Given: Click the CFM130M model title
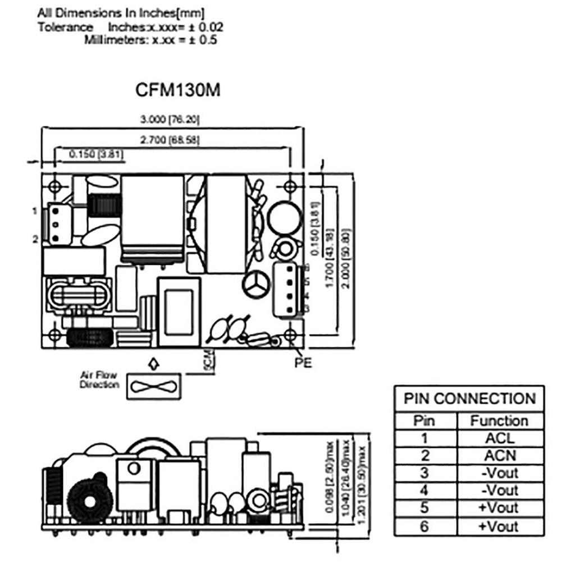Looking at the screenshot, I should click(x=178, y=90).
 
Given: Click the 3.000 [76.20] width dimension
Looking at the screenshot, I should click(x=171, y=120).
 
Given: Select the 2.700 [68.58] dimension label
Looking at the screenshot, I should click(x=171, y=139).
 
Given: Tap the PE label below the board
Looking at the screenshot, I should click(x=303, y=363).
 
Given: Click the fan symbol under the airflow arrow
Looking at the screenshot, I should click(x=155, y=386).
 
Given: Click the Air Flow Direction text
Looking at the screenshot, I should click(x=100, y=380).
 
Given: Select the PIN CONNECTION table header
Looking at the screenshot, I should click(x=469, y=399).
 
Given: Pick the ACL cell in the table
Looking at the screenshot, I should click(x=500, y=438).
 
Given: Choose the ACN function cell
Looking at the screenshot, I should click(x=500, y=455).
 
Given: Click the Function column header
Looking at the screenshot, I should click(x=500, y=420).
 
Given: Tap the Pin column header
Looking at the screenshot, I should click(x=425, y=420).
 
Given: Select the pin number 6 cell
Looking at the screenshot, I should click(x=425, y=526).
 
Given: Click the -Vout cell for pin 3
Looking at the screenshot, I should click(x=500, y=473).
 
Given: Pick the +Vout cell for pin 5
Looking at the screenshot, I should click(x=500, y=508).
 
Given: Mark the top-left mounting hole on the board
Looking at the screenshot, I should click(x=54, y=186).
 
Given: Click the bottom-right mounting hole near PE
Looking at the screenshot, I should click(x=290, y=335).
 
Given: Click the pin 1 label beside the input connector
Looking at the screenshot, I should click(x=35, y=211).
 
